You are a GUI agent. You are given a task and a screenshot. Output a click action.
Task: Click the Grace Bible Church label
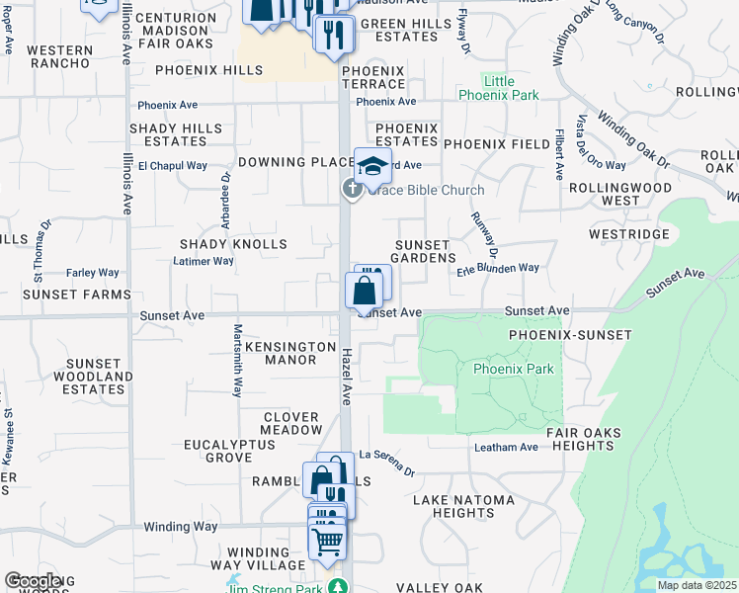(426, 191)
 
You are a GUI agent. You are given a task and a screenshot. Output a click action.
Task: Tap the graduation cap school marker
(372, 165)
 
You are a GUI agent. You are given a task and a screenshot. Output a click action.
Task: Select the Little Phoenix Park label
(499, 88)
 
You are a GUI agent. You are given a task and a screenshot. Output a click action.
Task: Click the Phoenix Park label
(513, 369)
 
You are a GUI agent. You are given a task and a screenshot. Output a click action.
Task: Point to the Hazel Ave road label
(347, 377)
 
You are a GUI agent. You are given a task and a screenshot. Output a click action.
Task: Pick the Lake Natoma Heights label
(463, 506)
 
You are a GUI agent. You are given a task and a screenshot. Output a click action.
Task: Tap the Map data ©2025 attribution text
(696, 585)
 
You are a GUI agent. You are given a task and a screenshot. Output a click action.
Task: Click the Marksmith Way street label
(238, 361)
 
